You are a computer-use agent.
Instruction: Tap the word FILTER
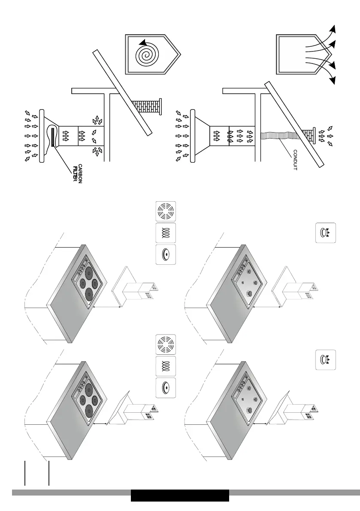(75, 173)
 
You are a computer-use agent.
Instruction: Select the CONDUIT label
(295, 160)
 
